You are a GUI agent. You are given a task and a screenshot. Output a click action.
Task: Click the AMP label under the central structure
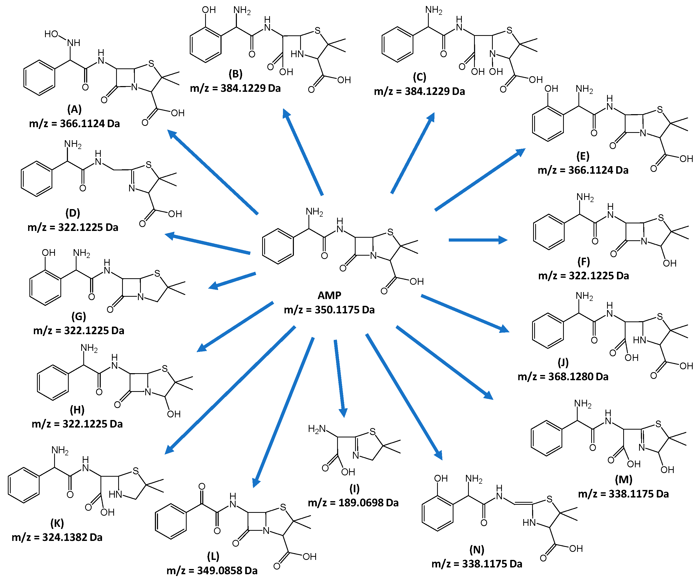coord(329,295)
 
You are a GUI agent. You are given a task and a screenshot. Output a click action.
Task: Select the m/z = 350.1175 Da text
coord(329,310)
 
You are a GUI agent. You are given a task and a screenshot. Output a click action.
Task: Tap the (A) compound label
coord(74,109)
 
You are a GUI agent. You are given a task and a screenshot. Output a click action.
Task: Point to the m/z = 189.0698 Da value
coord(353,503)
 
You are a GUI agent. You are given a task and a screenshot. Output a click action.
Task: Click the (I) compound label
coord(354,488)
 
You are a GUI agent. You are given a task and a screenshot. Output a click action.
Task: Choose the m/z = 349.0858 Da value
coord(212,571)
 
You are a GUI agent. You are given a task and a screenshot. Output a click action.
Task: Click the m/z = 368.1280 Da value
coord(563,377)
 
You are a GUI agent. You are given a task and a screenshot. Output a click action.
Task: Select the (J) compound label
coord(563,362)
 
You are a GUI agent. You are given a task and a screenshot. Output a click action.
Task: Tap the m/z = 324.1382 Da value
coord(57,537)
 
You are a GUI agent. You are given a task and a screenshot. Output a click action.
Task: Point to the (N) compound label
coord(477,549)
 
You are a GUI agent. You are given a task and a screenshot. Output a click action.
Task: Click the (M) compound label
coord(623,480)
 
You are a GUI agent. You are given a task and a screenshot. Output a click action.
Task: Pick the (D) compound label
coord(73,213)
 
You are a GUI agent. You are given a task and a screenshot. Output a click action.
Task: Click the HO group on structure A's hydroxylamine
coord(51,34)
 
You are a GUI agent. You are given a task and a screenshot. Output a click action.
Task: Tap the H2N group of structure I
coord(317,429)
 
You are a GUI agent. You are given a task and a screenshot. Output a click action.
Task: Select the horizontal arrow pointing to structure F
coord(478,240)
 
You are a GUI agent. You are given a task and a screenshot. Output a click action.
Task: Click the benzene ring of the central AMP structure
coord(278,246)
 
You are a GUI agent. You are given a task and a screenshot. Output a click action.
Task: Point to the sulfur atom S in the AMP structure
coord(390,232)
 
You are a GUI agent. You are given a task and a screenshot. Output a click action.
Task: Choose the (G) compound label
coord(79,316)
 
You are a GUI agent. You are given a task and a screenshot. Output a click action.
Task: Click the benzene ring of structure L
coord(171,521)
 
